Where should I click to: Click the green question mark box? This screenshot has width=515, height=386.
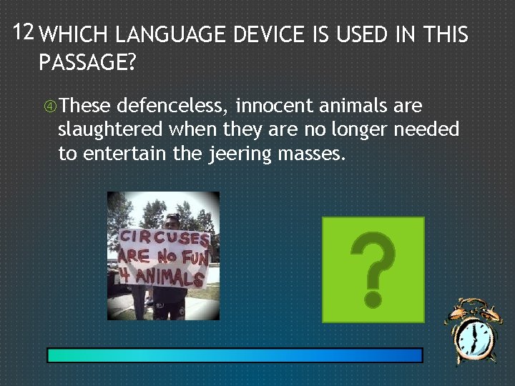[x=373, y=269]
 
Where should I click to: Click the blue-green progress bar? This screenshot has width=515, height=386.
[x=235, y=355]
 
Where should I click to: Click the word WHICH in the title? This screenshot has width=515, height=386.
[x=74, y=35]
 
